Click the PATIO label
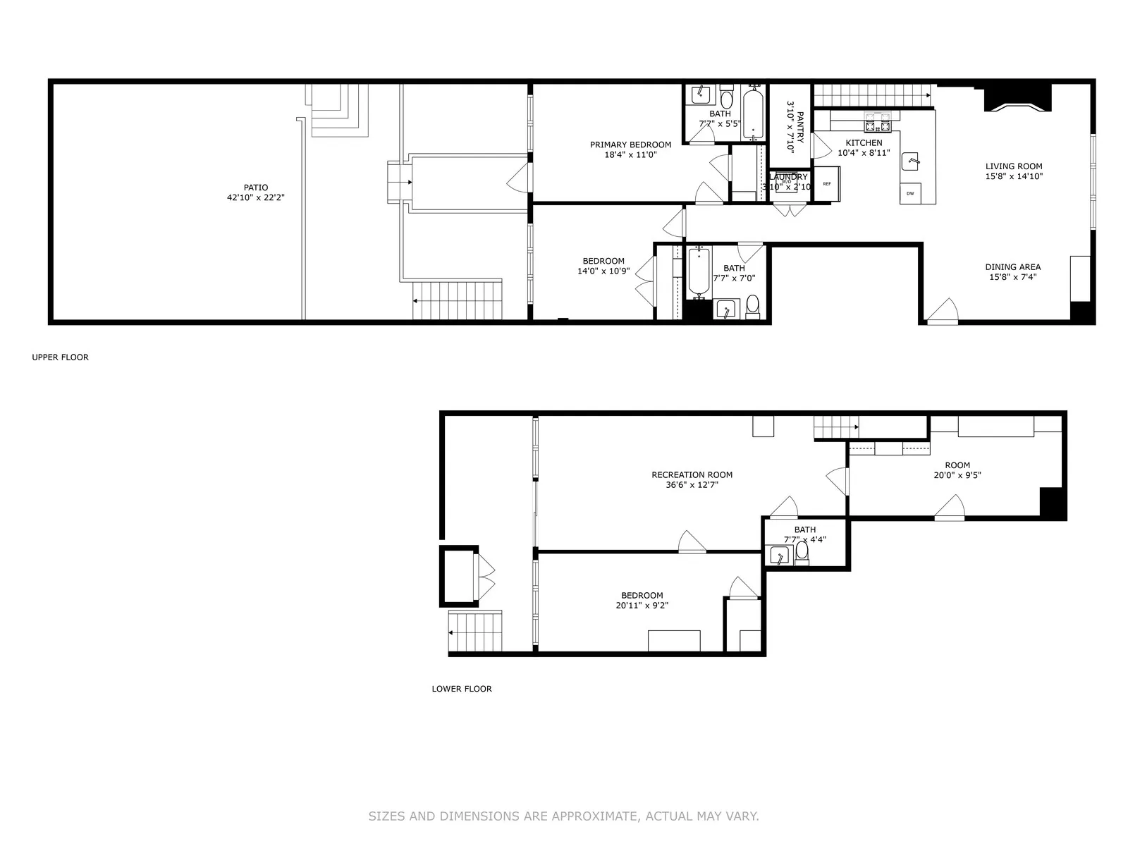click(x=255, y=188)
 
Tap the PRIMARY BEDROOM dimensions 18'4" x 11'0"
click(x=630, y=155)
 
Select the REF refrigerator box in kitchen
click(x=827, y=184)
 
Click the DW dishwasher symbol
click(x=910, y=193)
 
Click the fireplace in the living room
click(x=1017, y=98)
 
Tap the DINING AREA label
click(x=1012, y=267)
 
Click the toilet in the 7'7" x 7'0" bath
click(x=753, y=306)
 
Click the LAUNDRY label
click(x=789, y=177)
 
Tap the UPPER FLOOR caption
click(x=60, y=357)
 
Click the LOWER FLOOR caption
click(x=462, y=689)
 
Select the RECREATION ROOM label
click(x=692, y=475)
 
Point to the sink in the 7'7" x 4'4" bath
click(x=780, y=556)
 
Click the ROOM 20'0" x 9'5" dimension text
click(x=957, y=475)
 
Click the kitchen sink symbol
click(x=914, y=161)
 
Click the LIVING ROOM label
click(x=1014, y=167)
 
